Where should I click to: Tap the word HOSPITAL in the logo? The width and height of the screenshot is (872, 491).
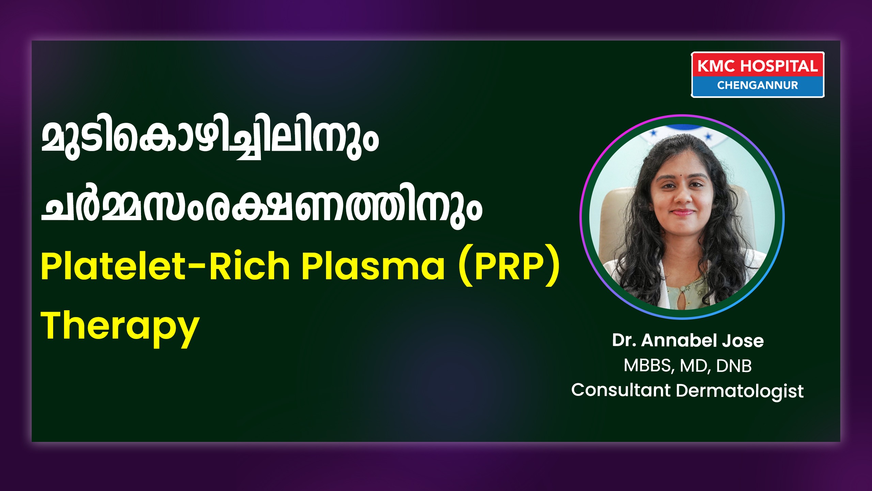coord(779,66)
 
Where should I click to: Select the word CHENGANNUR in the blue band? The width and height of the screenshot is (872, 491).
coord(758,85)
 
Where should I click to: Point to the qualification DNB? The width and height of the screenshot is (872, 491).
coord(734,366)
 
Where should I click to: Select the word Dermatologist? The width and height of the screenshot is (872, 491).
coord(740,391)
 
